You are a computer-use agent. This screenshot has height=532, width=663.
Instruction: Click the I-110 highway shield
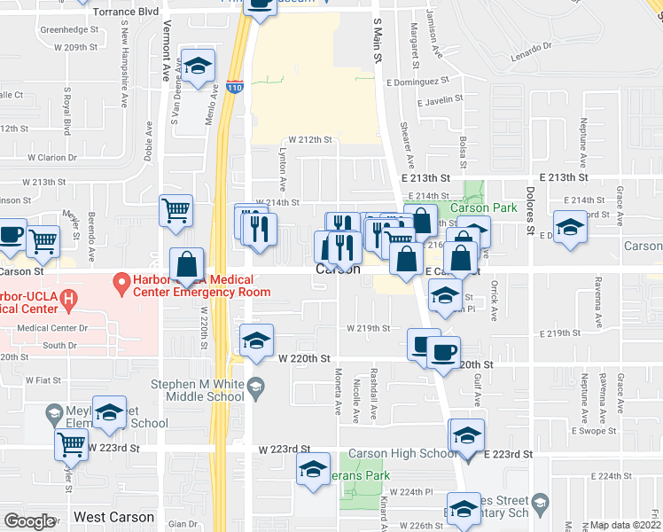coord(233,88)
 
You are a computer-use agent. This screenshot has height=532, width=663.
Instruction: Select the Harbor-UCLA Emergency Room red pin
coord(121,285)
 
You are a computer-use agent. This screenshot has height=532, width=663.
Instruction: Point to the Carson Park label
coord(483,208)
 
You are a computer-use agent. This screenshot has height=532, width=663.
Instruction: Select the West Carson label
coord(113,517)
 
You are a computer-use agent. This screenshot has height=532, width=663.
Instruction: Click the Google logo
coord(28,521)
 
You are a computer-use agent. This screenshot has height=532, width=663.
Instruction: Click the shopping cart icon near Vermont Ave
coord(175,211)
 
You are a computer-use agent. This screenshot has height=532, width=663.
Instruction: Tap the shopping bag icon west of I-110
coord(188,265)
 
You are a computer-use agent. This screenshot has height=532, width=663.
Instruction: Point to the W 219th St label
coord(368,328)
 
